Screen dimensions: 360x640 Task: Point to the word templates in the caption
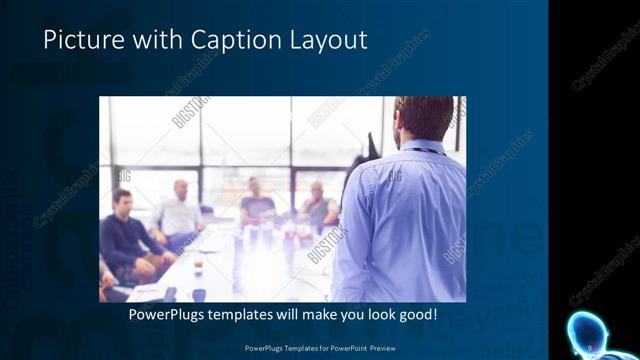click(264, 314)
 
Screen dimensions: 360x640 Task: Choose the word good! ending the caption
click(412, 314)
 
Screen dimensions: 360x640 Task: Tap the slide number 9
click(591, 346)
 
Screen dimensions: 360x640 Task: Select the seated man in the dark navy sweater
click(125, 236)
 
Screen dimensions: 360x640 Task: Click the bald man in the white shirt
click(180, 210)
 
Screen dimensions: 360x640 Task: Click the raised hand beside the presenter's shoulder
click(370, 147)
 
